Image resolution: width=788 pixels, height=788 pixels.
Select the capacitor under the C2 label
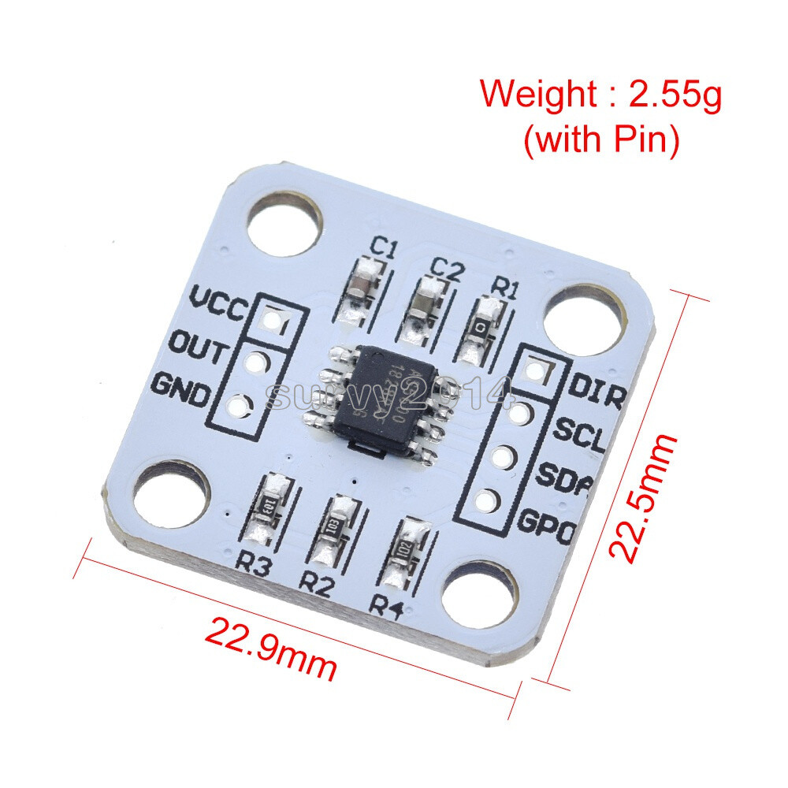pos(428,307)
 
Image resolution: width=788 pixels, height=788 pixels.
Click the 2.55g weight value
pos(675,95)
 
